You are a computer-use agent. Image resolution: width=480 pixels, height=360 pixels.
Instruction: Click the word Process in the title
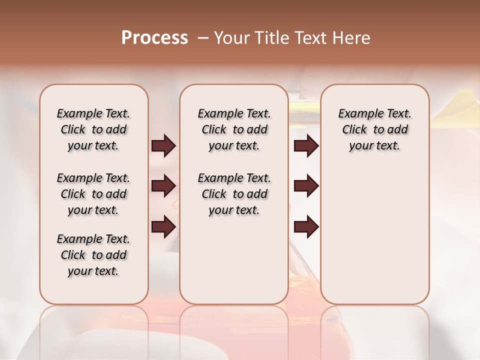[x=154, y=38]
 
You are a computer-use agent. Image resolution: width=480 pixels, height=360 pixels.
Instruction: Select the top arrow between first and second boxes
[x=163, y=146]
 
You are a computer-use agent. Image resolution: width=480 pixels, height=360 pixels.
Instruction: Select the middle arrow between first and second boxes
[x=163, y=186]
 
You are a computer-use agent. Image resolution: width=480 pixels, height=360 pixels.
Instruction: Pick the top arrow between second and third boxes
[x=306, y=146]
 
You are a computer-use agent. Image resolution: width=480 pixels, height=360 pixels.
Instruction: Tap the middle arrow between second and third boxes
[x=306, y=186]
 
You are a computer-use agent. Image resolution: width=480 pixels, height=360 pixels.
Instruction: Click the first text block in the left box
[x=93, y=129]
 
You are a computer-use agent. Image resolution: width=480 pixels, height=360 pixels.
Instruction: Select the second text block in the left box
[x=93, y=194]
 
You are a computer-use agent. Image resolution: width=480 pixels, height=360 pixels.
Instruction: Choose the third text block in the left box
[x=93, y=255]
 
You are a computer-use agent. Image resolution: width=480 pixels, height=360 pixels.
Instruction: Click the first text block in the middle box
[x=234, y=129]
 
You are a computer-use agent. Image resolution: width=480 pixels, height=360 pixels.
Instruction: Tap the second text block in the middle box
[x=234, y=194]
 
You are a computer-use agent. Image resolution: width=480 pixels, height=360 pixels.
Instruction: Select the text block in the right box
[x=374, y=129]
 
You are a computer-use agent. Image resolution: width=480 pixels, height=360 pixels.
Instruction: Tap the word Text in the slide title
[x=311, y=38]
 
